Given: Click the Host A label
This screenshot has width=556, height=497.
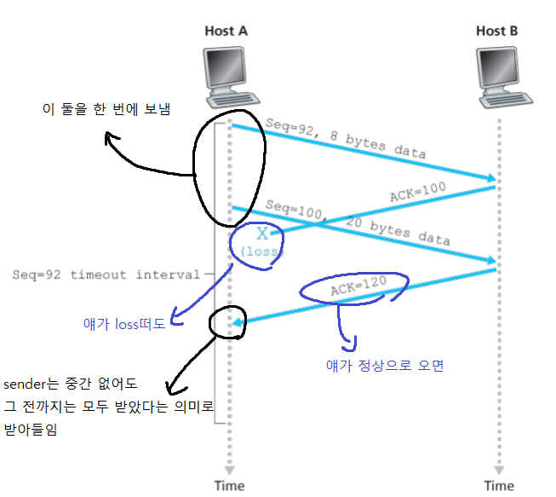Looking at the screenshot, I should (x=226, y=32).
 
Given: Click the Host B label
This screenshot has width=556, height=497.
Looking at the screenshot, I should (x=497, y=32).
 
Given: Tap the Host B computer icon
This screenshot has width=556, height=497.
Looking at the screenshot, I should (x=499, y=74).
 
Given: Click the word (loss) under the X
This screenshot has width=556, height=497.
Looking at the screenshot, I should (x=261, y=252).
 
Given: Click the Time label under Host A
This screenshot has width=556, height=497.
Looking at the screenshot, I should (x=228, y=485).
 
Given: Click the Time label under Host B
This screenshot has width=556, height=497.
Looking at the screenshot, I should (x=499, y=485).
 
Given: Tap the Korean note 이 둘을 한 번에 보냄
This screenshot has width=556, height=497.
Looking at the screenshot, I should (x=106, y=109).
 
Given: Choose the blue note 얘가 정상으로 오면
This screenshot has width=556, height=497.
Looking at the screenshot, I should (x=385, y=366).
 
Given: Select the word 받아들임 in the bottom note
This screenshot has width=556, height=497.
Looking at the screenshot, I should (x=32, y=431).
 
